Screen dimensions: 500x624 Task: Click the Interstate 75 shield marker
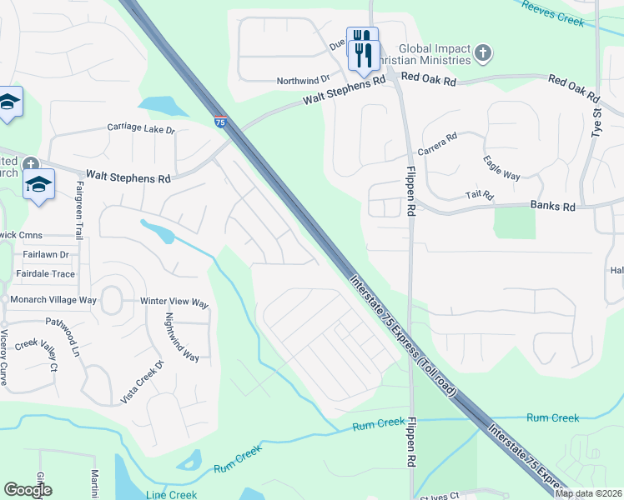click(220, 122)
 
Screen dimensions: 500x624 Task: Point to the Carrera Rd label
click(440, 142)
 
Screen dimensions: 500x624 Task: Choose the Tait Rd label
click(480, 196)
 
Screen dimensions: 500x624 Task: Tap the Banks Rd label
click(552, 205)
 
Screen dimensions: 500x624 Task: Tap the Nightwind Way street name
click(182, 337)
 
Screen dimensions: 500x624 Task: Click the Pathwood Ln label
click(74, 335)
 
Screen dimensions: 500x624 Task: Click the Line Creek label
click(171, 494)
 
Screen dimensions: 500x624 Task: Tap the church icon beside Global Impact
click(481, 54)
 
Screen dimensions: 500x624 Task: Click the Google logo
click(28, 490)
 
